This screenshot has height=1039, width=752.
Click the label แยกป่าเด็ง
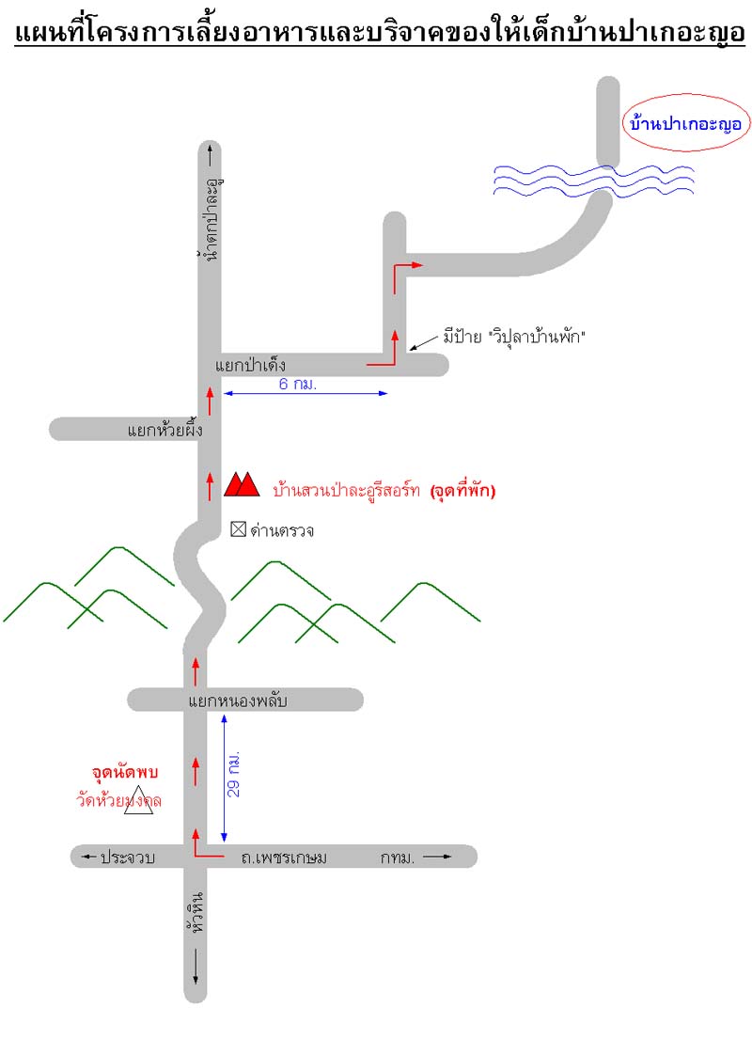249,364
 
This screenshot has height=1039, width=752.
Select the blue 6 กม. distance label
298,385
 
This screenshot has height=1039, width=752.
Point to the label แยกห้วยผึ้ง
164,431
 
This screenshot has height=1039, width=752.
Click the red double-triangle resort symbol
242,484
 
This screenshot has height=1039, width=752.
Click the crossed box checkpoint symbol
238,529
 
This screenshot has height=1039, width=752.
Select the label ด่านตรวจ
281,530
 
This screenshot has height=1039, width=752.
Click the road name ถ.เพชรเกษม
283,857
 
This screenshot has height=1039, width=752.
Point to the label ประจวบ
127,857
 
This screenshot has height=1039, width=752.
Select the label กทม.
399,857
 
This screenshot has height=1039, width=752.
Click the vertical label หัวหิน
196,910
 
